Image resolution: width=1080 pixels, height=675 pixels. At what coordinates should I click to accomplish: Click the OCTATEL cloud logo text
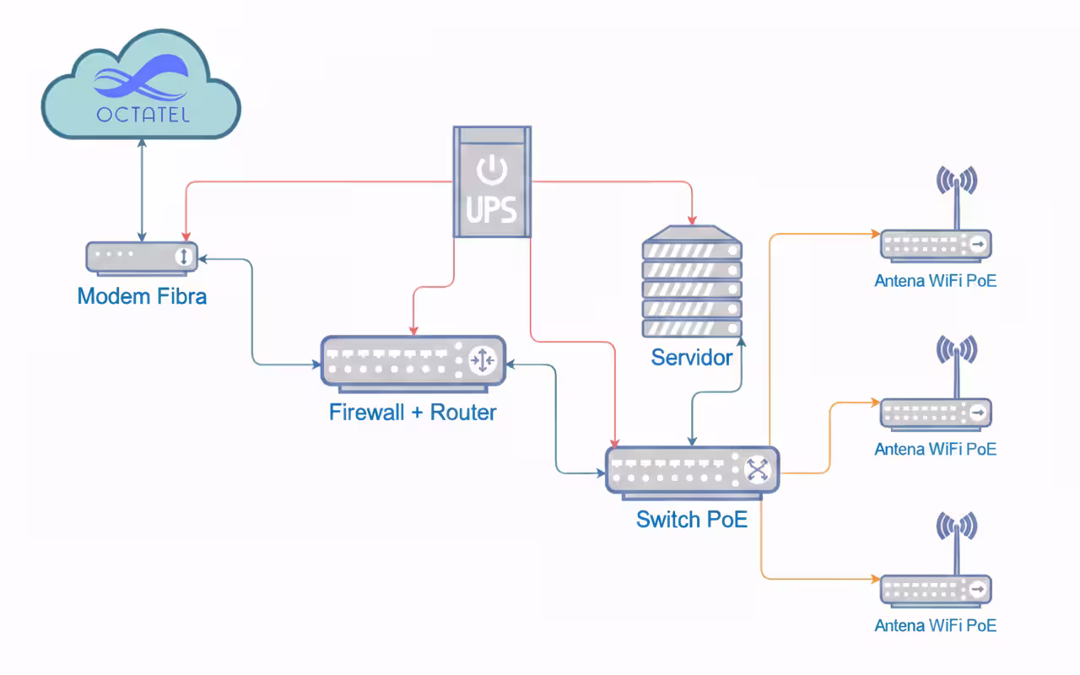[142, 113]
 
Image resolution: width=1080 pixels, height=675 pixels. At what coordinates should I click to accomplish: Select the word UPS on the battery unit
[492, 207]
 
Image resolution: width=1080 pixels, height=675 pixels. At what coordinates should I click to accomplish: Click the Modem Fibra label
[142, 297]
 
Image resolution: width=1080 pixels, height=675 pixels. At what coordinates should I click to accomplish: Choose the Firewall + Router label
[413, 413]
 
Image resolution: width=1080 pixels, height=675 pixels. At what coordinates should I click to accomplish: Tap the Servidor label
[692, 358]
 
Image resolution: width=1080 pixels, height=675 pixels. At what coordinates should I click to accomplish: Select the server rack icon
[692, 282]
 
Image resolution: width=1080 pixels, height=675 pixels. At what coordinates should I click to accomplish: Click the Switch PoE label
[692, 520]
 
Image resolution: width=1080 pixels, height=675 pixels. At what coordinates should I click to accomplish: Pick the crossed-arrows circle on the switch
[758, 470]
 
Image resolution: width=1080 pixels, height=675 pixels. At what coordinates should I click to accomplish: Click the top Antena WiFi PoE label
[935, 281]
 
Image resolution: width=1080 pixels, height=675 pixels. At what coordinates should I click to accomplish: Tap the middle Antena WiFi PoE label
[935, 449]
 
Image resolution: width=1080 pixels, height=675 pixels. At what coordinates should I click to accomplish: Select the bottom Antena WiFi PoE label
[935, 626]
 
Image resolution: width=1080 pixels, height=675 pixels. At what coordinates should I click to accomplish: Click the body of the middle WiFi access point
[935, 413]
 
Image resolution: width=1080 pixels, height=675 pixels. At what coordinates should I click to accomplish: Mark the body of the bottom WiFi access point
[935, 588]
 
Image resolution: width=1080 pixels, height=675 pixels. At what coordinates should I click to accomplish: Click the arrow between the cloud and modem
[142, 190]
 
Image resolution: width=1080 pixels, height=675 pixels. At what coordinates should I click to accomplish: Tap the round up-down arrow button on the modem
[183, 256]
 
